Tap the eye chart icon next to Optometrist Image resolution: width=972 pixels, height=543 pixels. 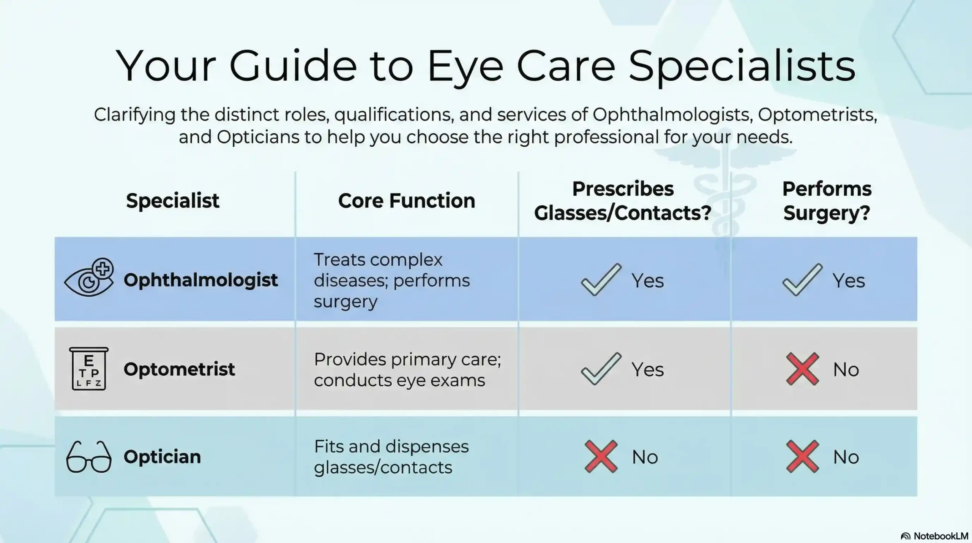[88, 369]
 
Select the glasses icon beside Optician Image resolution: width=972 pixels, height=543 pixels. [89, 457]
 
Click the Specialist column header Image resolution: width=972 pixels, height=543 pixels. [172, 201]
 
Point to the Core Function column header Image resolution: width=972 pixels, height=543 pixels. [406, 201]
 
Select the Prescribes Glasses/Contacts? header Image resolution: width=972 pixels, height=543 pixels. [623, 201]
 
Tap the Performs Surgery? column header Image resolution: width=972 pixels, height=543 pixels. [827, 201]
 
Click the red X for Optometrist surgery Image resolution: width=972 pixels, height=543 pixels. [802, 369]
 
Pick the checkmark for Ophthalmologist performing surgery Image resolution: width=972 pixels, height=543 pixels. [802, 280]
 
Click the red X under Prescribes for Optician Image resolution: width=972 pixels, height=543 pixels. [601, 457]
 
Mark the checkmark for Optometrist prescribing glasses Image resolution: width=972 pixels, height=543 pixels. [601, 369]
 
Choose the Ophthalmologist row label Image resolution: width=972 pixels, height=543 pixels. [200, 280]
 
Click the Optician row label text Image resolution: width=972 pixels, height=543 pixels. [162, 457]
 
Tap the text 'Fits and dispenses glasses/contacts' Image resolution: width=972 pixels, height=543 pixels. [391, 457]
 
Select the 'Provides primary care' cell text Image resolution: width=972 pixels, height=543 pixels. [407, 369]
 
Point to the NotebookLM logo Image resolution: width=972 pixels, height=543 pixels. [934, 536]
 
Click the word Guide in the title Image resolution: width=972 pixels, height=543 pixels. [293, 65]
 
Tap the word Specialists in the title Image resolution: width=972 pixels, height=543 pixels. [742, 65]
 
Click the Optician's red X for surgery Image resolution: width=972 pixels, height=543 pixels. [802, 457]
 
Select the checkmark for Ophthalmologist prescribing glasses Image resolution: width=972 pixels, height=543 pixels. [601, 280]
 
